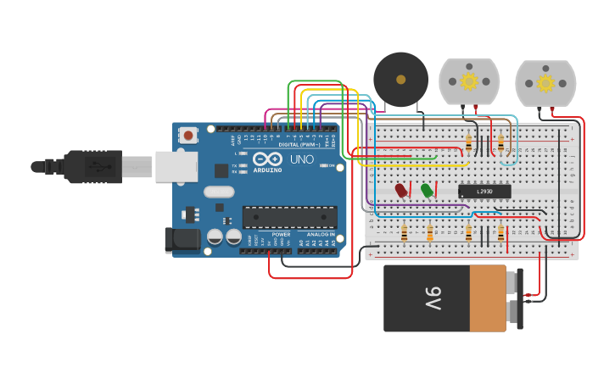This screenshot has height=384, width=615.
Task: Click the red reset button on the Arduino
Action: pos(187,135)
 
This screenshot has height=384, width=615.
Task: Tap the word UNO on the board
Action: pos(302,159)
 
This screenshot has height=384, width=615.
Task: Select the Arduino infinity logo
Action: pos(267,159)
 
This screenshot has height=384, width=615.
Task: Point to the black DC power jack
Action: pos(182,239)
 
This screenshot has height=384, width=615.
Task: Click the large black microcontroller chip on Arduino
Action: pos(289,217)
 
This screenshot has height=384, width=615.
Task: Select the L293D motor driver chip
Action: pos(484,192)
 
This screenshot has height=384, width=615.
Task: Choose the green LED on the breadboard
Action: pos(427,191)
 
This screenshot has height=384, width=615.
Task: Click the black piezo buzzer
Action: pos(400,80)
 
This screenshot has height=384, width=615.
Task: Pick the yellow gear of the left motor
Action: pos(469,81)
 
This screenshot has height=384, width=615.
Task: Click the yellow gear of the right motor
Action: pos(545,83)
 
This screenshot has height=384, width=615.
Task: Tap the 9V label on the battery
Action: pos(432,298)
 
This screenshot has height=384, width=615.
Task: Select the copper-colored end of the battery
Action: pos(488,298)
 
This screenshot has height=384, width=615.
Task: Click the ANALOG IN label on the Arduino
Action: pos(321,234)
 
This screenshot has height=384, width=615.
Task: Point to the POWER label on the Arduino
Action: pos(281,234)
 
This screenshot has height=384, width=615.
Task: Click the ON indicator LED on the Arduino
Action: pos(322,165)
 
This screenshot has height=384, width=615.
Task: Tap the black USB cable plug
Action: pos(93,166)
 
